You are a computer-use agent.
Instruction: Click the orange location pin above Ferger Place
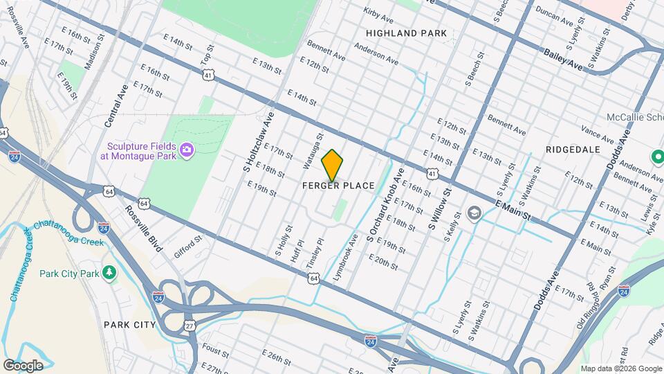[333, 166]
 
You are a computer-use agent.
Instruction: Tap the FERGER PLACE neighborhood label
[339, 186]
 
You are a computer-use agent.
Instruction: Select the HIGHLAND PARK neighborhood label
[407, 33]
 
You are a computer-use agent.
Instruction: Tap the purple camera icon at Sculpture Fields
[186, 150]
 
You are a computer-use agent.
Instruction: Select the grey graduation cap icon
[474, 211]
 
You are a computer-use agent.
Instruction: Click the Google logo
[23, 365]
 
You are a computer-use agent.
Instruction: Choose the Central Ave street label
[113, 106]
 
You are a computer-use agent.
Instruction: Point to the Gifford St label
[187, 246]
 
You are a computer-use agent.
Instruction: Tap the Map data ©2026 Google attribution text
[620, 368]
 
